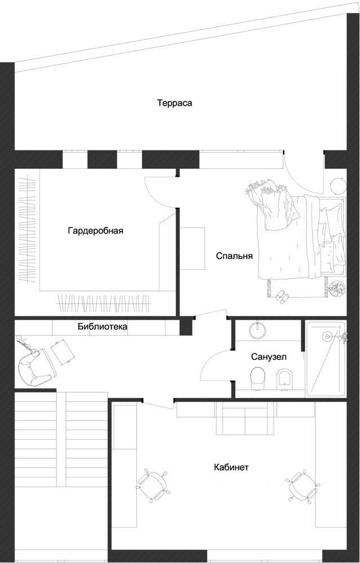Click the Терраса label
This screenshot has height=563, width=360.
(x=175, y=103)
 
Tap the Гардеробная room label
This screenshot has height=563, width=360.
(x=96, y=230)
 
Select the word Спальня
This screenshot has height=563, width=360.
(x=234, y=256)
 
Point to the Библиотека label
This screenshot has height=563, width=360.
(x=103, y=327)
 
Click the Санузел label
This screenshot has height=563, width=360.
(x=269, y=357)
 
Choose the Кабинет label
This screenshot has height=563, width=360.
(x=232, y=467)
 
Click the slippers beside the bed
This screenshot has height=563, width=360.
(x=282, y=296)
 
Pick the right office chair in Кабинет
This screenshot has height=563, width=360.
(x=303, y=487)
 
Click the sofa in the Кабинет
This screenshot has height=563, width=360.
(x=246, y=418)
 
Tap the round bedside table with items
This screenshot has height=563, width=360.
(x=337, y=289)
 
